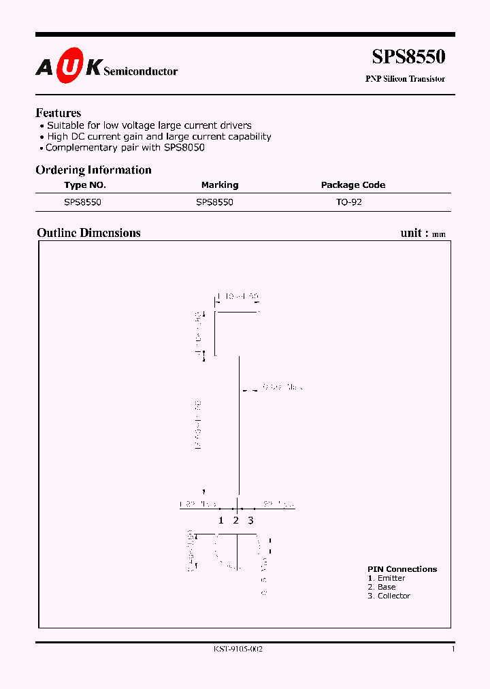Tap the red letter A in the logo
[44, 67]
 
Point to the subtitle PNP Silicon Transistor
[405, 79]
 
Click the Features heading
[58, 113]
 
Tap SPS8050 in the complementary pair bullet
[182, 147]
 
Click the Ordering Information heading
[93, 170]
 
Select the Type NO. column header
[85, 185]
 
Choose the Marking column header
[219, 185]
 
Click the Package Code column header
[353, 185]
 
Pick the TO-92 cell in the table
[348, 203]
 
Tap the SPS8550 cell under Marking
[214, 203]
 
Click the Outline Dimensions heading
[88, 233]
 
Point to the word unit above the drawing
[411, 233]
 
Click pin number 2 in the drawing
[235, 521]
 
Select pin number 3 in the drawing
[250, 521]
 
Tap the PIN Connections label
[402, 569]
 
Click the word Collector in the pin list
[394, 596]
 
